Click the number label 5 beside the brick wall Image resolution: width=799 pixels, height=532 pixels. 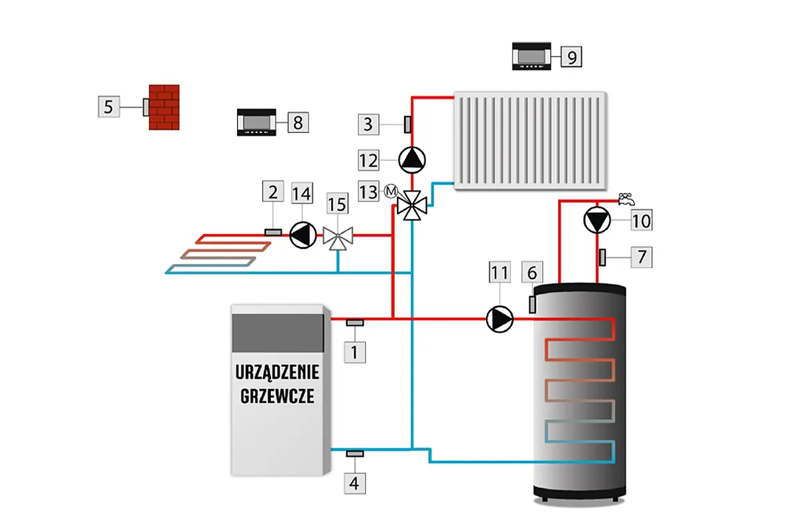[x=109, y=106]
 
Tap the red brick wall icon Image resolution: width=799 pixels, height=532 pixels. [x=164, y=107]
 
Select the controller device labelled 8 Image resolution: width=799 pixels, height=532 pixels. [x=259, y=122]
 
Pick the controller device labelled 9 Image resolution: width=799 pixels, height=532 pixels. [x=533, y=56]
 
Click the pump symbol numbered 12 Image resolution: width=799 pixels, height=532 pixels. [x=412, y=159]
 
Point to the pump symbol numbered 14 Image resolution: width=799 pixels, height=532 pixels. [x=303, y=235]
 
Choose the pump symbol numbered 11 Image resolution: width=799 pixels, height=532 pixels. [x=500, y=319]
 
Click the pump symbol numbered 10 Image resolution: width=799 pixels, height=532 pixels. [x=597, y=221]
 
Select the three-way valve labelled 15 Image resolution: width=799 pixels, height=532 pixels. [x=338, y=236]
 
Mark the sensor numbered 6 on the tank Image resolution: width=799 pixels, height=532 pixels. [x=533, y=303]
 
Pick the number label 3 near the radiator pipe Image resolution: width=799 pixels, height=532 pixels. [x=369, y=123]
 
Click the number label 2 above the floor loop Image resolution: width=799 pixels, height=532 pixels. [x=272, y=193]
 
